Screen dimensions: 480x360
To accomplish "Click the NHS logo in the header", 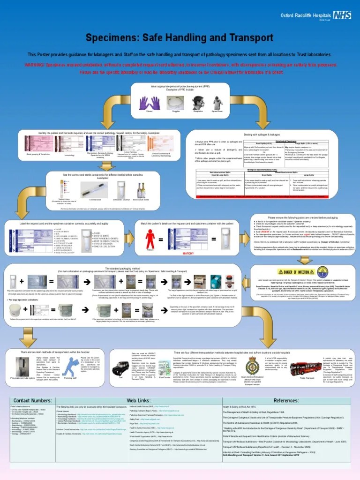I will (342, 15).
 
